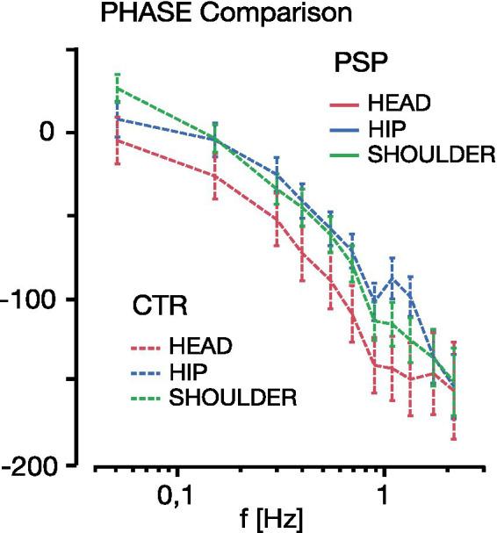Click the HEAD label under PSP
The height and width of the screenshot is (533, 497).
pyautogui.click(x=399, y=102)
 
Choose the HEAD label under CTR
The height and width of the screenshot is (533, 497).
pyautogui.click(x=202, y=344)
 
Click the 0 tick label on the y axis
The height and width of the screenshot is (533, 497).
pyautogui.click(x=49, y=133)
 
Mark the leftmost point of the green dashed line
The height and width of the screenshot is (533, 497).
pyautogui.click(x=118, y=88)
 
